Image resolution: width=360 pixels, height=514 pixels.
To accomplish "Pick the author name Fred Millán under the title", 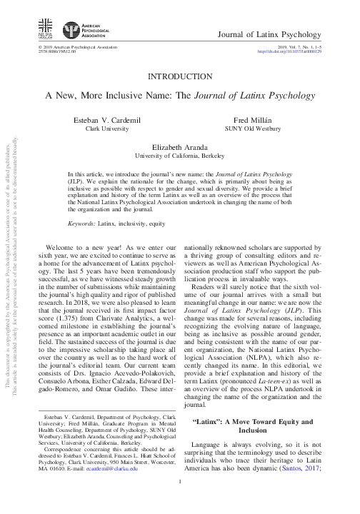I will click(x=254, y=121).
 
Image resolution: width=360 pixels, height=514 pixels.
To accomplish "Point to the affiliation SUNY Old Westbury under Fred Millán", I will click(x=254, y=130).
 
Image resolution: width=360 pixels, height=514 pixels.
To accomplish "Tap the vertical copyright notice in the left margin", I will click(x=10, y=286).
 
